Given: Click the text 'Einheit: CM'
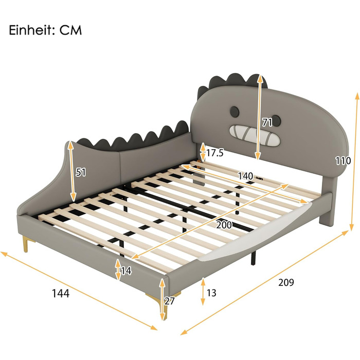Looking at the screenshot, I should [45, 29].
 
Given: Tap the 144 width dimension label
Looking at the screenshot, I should [61, 293].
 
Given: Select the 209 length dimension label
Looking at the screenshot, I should [286, 282].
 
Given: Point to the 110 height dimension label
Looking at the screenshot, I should [343, 161].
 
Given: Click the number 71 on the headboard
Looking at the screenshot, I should [267, 123].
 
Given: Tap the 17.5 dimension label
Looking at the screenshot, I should [215, 153].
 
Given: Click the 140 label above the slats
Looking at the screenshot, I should [245, 176].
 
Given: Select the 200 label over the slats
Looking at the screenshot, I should [224, 225].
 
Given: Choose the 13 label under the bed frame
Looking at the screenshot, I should [211, 293].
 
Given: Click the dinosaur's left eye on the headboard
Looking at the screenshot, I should [235, 111].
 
